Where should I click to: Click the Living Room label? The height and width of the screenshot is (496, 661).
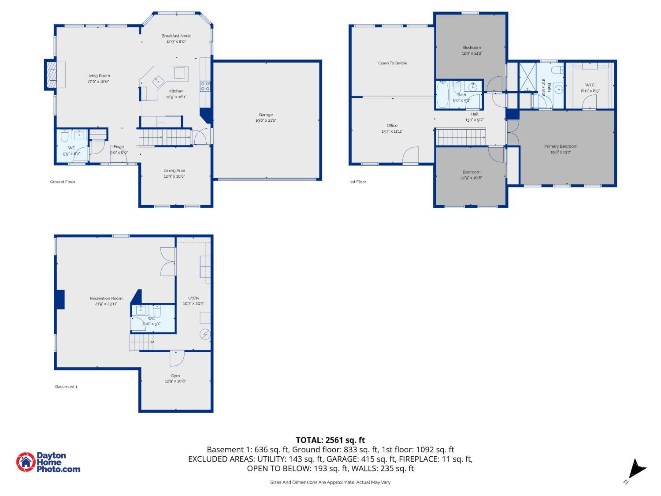pyautogui.click(x=98, y=75)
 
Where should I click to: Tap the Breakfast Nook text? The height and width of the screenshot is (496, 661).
pyautogui.click(x=176, y=36)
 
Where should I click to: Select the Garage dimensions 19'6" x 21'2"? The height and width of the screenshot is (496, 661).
pyautogui.click(x=266, y=120)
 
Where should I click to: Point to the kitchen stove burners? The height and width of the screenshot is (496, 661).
pyautogui.click(x=205, y=86)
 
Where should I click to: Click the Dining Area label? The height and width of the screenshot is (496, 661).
pyautogui.click(x=175, y=171)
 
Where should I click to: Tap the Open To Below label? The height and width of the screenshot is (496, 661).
pyautogui.click(x=393, y=63)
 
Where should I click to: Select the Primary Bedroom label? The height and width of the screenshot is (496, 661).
pyautogui.click(x=561, y=146)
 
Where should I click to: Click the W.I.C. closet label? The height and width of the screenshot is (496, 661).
pyautogui.click(x=590, y=85)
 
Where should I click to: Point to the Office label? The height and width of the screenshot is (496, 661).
pyautogui.click(x=392, y=125)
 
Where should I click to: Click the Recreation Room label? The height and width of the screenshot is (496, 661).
pyautogui.click(x=106, y=298)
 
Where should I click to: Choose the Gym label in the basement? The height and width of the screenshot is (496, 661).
pyautogui.click(x=175, y=376)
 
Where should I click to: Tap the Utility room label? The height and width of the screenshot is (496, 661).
pyautogui.click(x=193, y=298)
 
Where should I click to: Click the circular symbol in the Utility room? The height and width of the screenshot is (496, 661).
pyautogui.click(x=205, y=334)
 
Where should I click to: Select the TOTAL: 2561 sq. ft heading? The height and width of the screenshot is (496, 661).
pyautogui.click(x=330, y=440)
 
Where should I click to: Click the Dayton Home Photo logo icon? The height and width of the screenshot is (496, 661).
pyautogui.click(x=26, y=462)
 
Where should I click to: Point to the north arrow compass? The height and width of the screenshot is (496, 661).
pyautogui.click(x=636, y=469)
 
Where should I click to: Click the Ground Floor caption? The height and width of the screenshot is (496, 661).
pyautogui.click(x=63, y=182)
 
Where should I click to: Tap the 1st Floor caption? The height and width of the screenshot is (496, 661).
pyautogui.click(x=358, y=182)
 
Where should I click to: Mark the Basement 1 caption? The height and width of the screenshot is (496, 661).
pyautogui.click(x=66, y=387)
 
